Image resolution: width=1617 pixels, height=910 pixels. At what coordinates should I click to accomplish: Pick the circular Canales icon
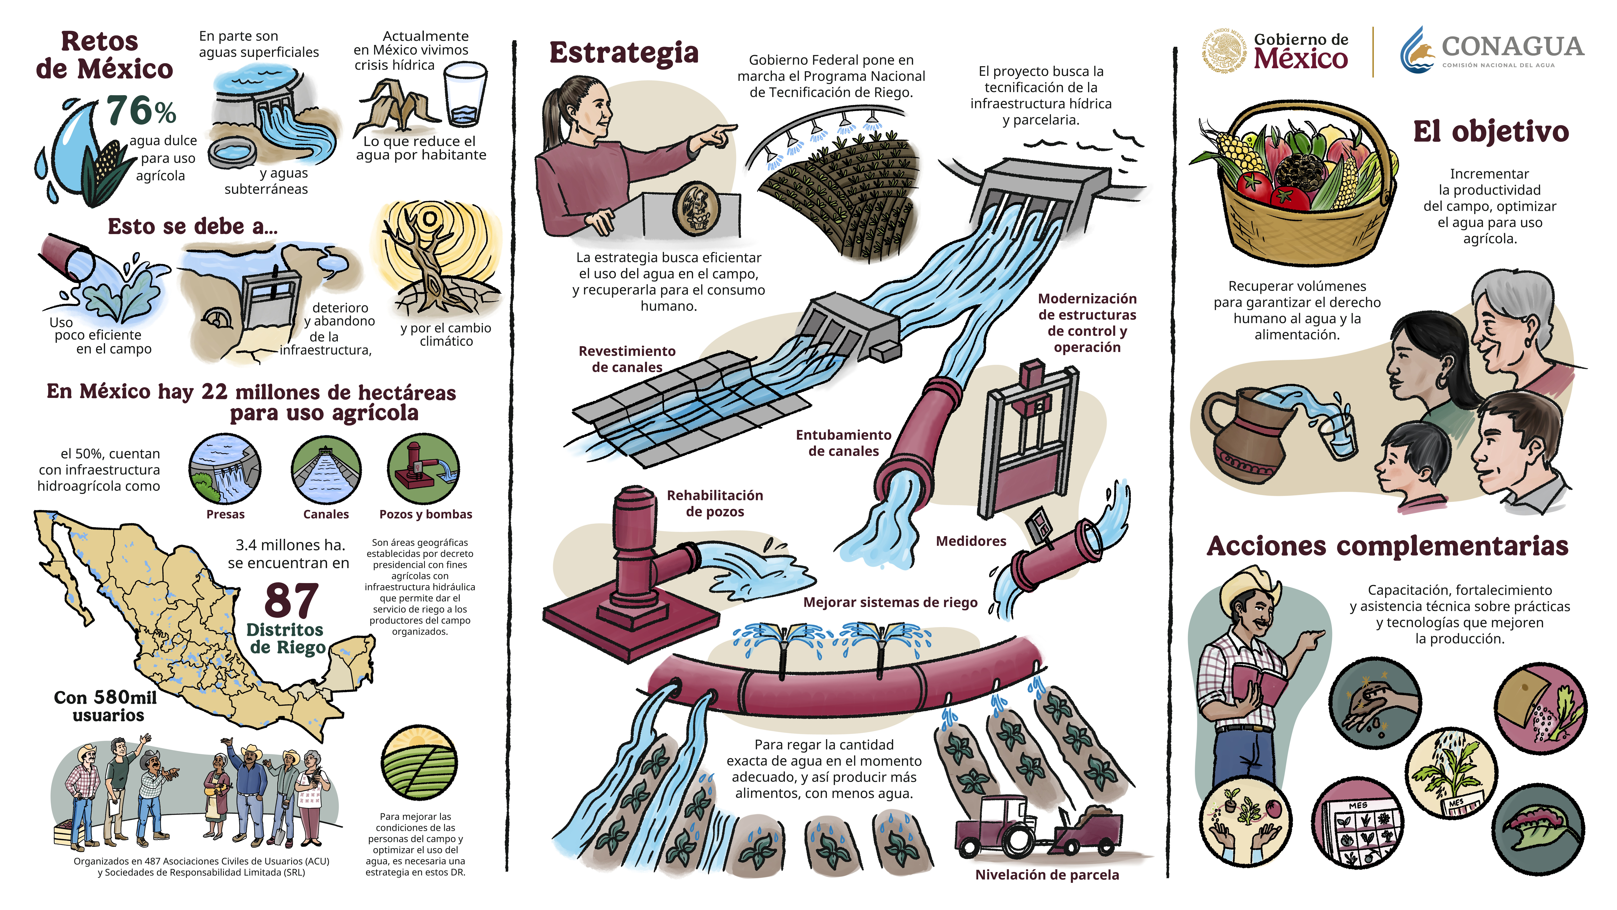(326, 468)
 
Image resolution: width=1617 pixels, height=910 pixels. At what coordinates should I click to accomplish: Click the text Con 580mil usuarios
(105, 706)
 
